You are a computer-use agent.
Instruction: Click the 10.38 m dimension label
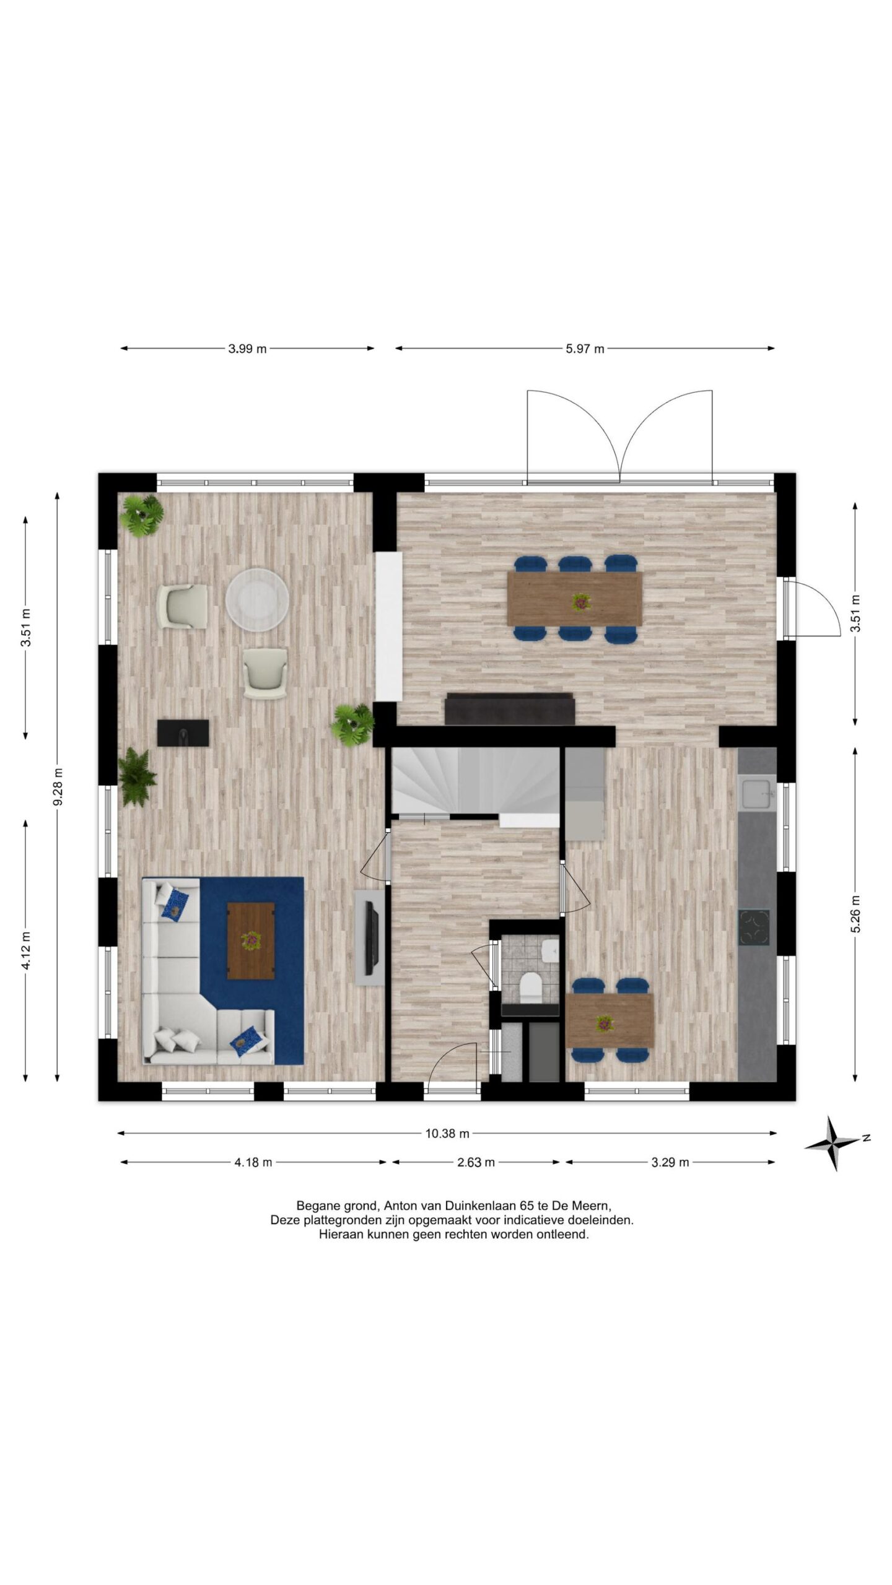click(447, 1134)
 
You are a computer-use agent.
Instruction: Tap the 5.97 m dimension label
click(585, 349)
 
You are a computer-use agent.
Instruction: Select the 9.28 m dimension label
click(58, 787)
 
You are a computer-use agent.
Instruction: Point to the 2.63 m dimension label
click(476, 1162)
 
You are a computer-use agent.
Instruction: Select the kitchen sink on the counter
click(756, 793)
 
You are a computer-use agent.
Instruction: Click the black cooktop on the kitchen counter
click(754, 927)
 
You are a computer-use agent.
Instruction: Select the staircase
click(476, 783)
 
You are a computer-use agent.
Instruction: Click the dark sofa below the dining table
click(510, 709)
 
